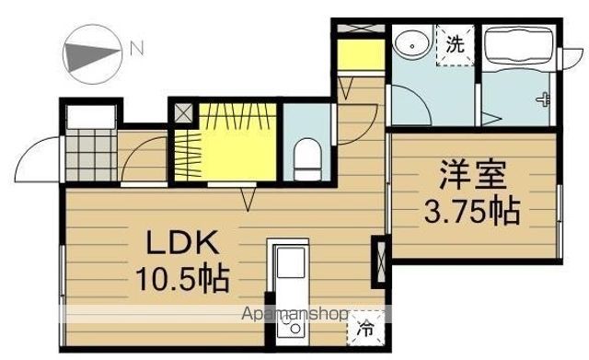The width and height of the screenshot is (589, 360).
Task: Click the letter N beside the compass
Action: tap(135, 47)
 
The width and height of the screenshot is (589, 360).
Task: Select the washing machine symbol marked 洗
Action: tap(455, 44)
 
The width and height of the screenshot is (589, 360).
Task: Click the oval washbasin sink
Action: tap(408, 42)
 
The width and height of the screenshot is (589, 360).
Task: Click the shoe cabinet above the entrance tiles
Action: tap(90, 118)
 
